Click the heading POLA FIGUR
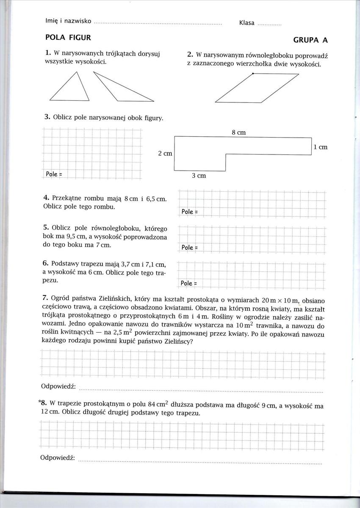[x=68, y=38]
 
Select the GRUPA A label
[x=310, y=40]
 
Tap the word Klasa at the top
[x=246, y=23]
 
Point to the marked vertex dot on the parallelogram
[x=253, y=74]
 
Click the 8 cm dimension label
[x=239, y=133]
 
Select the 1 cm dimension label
[x=321, y=147]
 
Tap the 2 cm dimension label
[x=165, y=153]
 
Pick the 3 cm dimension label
[x=199, y=175]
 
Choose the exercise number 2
[x=190, y=55]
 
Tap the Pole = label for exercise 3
[x=54, y=174]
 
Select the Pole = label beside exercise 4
[x=190, y=211]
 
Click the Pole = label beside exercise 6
[x=189, y=283]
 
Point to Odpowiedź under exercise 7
[x=58, y=387]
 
